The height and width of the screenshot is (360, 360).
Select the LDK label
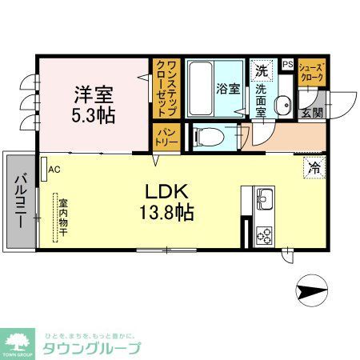166,193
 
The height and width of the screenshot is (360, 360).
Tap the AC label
54,170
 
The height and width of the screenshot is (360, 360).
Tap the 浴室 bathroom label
226,89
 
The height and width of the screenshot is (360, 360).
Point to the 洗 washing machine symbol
261,70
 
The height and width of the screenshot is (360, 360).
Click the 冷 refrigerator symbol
314,168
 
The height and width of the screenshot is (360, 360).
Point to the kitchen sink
264,198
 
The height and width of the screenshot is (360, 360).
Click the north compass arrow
313,290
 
